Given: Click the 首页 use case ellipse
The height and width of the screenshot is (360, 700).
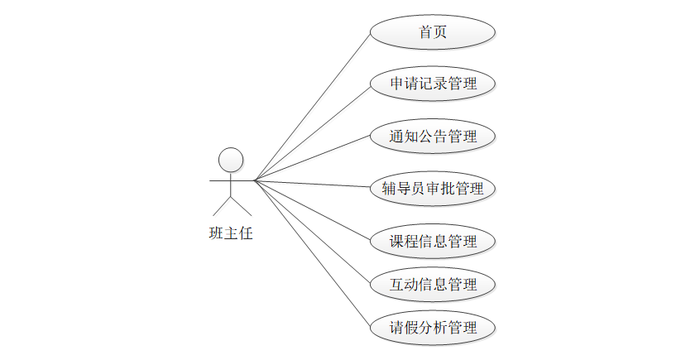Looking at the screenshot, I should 432,32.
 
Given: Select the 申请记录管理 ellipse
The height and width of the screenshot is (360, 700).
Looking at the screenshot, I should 432,84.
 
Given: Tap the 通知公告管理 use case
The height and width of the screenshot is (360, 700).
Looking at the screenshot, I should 432,136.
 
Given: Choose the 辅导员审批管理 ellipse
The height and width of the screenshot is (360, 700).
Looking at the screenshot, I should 432,188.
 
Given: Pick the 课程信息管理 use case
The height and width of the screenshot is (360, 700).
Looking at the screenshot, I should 432,241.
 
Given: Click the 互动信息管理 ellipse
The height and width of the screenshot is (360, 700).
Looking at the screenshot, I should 432,284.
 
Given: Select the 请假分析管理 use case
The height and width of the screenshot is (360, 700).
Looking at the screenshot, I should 432,327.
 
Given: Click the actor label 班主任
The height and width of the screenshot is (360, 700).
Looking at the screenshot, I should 230,233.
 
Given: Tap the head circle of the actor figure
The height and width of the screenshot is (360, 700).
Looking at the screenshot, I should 230,160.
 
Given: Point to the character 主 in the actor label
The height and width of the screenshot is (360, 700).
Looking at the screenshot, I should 230,233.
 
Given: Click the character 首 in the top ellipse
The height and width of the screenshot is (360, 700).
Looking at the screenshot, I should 425,32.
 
